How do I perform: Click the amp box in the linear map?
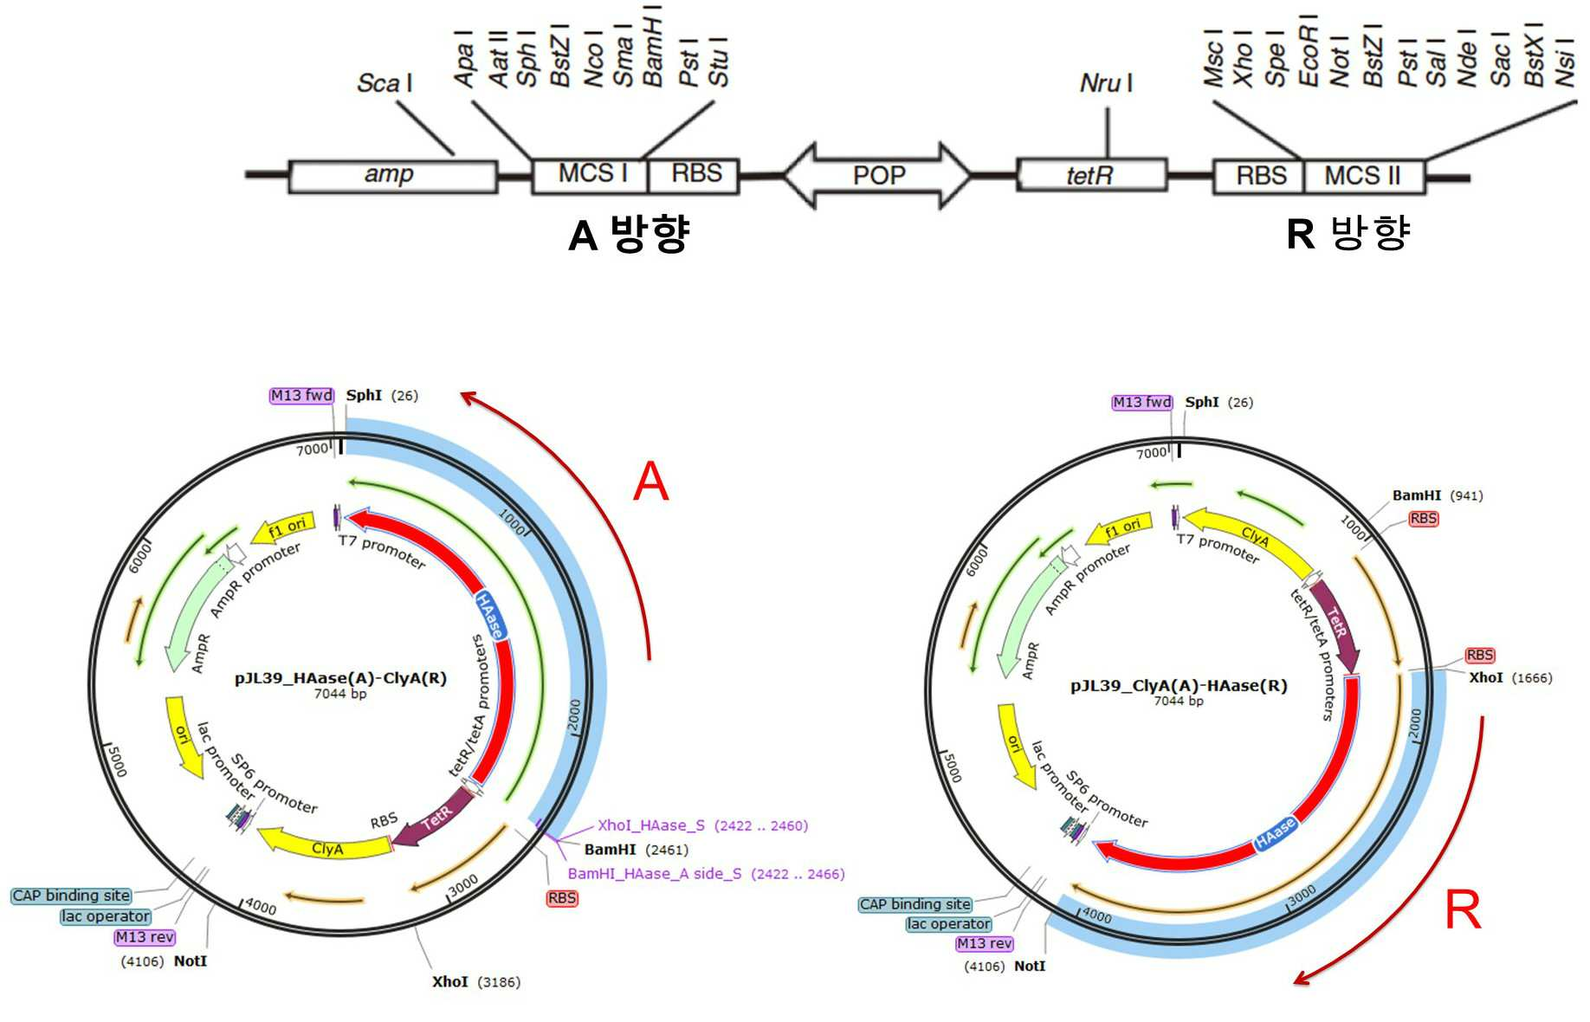[x=393, y=176]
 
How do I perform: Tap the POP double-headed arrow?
[x=877, y=176]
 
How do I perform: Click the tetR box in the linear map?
[x=1091, y=176]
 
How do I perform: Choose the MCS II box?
[x=1363, y=176]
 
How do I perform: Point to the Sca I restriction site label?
[x=385, y=83]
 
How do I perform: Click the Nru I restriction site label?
[x=1106, y=83]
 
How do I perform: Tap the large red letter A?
[x=651, y=482]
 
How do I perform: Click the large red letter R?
[x=1463, y=909]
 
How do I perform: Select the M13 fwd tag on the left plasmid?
[x=301, y=396]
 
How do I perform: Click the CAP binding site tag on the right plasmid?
[x=915, y=904]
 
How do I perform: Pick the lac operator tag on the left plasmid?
[x=106, y=916]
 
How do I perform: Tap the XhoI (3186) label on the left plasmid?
[x=476, y=982]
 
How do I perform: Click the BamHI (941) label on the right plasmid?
[x=1438, y=495]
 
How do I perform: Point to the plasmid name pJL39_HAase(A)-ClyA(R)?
[x=340, y=678]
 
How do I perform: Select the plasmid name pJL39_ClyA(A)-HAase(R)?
[x=1179, y=686]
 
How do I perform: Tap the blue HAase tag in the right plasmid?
[x=1276, y=832]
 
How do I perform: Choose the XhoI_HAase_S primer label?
[x=651, y=825]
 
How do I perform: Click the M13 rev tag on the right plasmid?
[x=985, y=944]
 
